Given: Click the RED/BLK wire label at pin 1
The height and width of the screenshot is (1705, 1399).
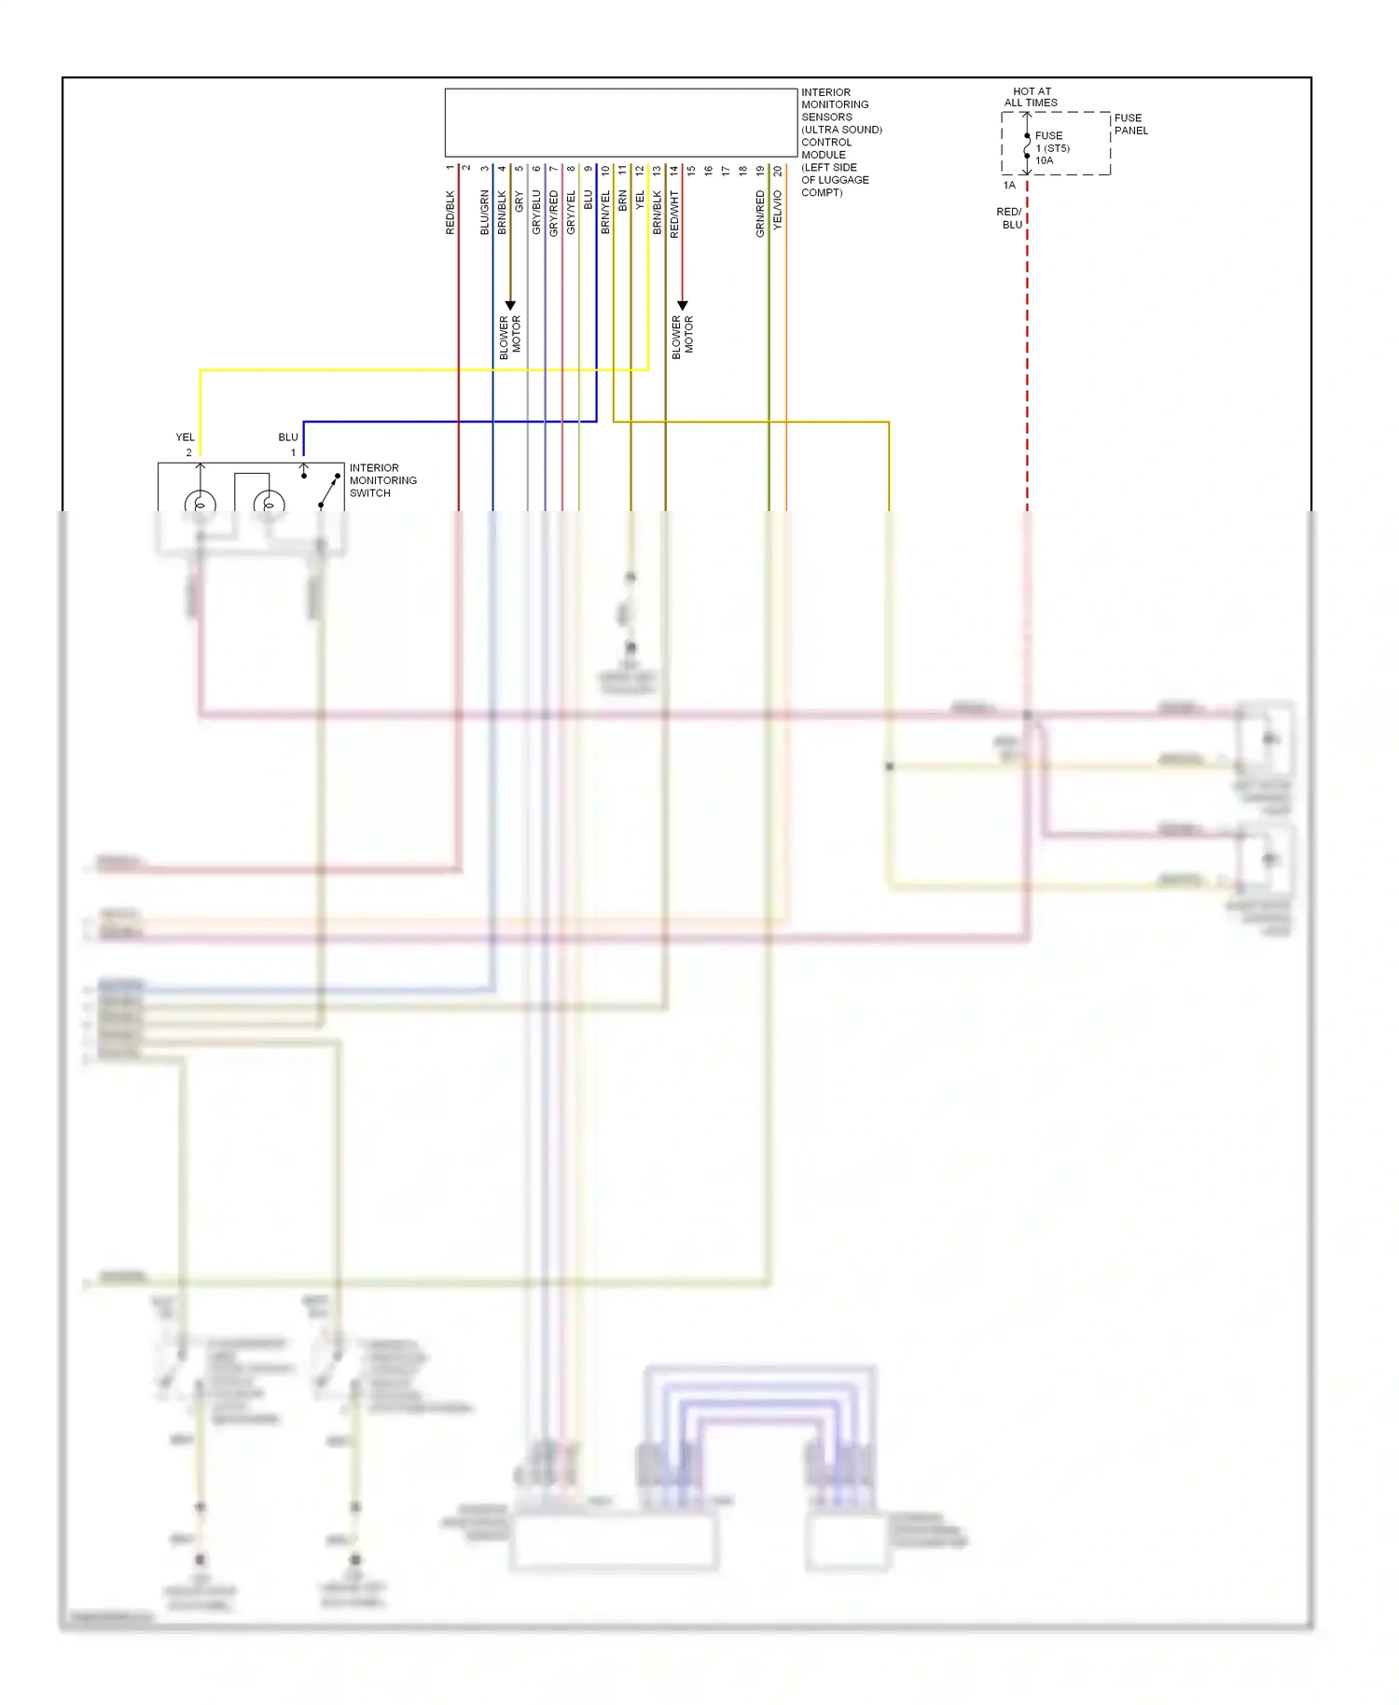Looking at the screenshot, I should pos(450,213).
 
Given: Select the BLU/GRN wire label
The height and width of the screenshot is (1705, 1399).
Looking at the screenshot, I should pos(484,213).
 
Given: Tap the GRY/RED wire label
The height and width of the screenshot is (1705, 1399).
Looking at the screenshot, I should pos(553,213).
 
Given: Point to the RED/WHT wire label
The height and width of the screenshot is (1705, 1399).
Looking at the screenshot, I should pos(674,215).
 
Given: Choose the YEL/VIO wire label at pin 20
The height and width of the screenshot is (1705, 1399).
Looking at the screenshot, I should pos(778,211).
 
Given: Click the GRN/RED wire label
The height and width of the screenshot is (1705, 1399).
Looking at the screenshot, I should pos(760,214).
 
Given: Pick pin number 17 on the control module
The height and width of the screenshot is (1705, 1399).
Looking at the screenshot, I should pos(726,171).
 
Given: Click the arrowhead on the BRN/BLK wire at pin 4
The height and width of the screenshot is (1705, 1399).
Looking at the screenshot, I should pos(510,305).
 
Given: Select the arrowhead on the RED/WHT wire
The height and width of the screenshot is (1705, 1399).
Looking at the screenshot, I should pos(682,305).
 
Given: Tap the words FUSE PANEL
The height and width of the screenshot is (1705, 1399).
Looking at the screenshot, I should pos(1130,124).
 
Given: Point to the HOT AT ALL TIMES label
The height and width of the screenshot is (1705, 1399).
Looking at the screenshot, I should pos(1031,97).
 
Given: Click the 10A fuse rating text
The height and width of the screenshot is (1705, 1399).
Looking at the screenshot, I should pos(1044,160).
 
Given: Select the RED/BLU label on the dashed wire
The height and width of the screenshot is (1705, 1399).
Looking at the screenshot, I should pos(1010,218).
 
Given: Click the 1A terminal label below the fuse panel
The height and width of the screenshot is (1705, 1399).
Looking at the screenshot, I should pos(1009,185).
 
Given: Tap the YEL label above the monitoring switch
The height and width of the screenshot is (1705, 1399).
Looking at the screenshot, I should pos(185,437).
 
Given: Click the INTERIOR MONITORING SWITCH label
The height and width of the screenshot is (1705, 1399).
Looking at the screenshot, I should pos(382,480).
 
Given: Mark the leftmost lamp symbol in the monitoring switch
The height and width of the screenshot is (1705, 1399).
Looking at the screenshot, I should pos(200,504).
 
